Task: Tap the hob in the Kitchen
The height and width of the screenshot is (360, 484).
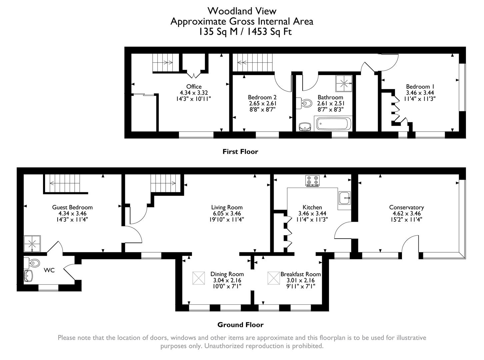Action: click(x=312, y=180)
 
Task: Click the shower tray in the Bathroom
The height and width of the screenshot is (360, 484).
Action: click(x=343, y=83)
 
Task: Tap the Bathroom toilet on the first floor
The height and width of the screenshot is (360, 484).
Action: click(x=305, y=104)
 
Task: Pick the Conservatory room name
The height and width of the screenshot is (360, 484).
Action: click(x=406, y=207)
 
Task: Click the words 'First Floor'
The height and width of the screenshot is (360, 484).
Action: click(x=240, y=152)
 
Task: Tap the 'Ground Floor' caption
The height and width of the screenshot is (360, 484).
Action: click(x=240, y=325)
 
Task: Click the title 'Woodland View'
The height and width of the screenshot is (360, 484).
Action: click(x=242, y=11)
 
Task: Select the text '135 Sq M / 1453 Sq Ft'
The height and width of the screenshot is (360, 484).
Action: click(x=245, y=32)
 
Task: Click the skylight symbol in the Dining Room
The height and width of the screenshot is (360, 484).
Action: click(x=199, y=278)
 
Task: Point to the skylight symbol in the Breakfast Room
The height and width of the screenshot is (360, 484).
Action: click(x=274, y=278)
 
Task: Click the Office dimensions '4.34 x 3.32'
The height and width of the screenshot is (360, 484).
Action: click(x=194, y=93)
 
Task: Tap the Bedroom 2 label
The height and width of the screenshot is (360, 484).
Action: click(x=262, y=97)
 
